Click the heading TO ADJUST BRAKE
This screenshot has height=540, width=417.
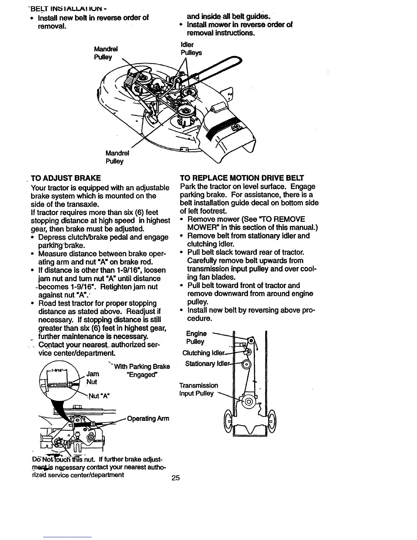coord(66,178)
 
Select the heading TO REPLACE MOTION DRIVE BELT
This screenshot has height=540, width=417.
coord(242,178)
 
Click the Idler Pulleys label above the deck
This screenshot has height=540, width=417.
coord(191,49)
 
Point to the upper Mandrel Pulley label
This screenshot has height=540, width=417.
coord(105,53)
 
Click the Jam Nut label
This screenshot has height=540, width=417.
coord(92,378)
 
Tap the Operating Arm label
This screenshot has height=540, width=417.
coord(148,418)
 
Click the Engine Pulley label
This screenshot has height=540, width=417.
coord(196,337)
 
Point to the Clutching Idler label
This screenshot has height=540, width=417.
coord(204,353)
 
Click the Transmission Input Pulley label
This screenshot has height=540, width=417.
coord(199,389)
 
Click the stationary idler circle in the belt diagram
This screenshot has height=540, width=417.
coord(246,364)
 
